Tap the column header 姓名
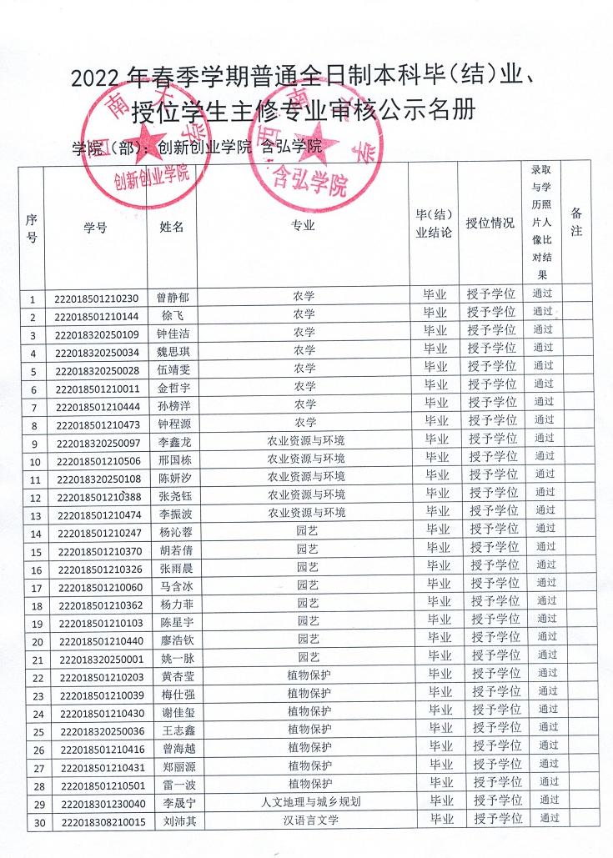pos(172,227)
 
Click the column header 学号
pos(95,227)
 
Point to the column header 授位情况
pos(490,223)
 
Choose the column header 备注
pos(576,223)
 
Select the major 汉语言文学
pos(311,820)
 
